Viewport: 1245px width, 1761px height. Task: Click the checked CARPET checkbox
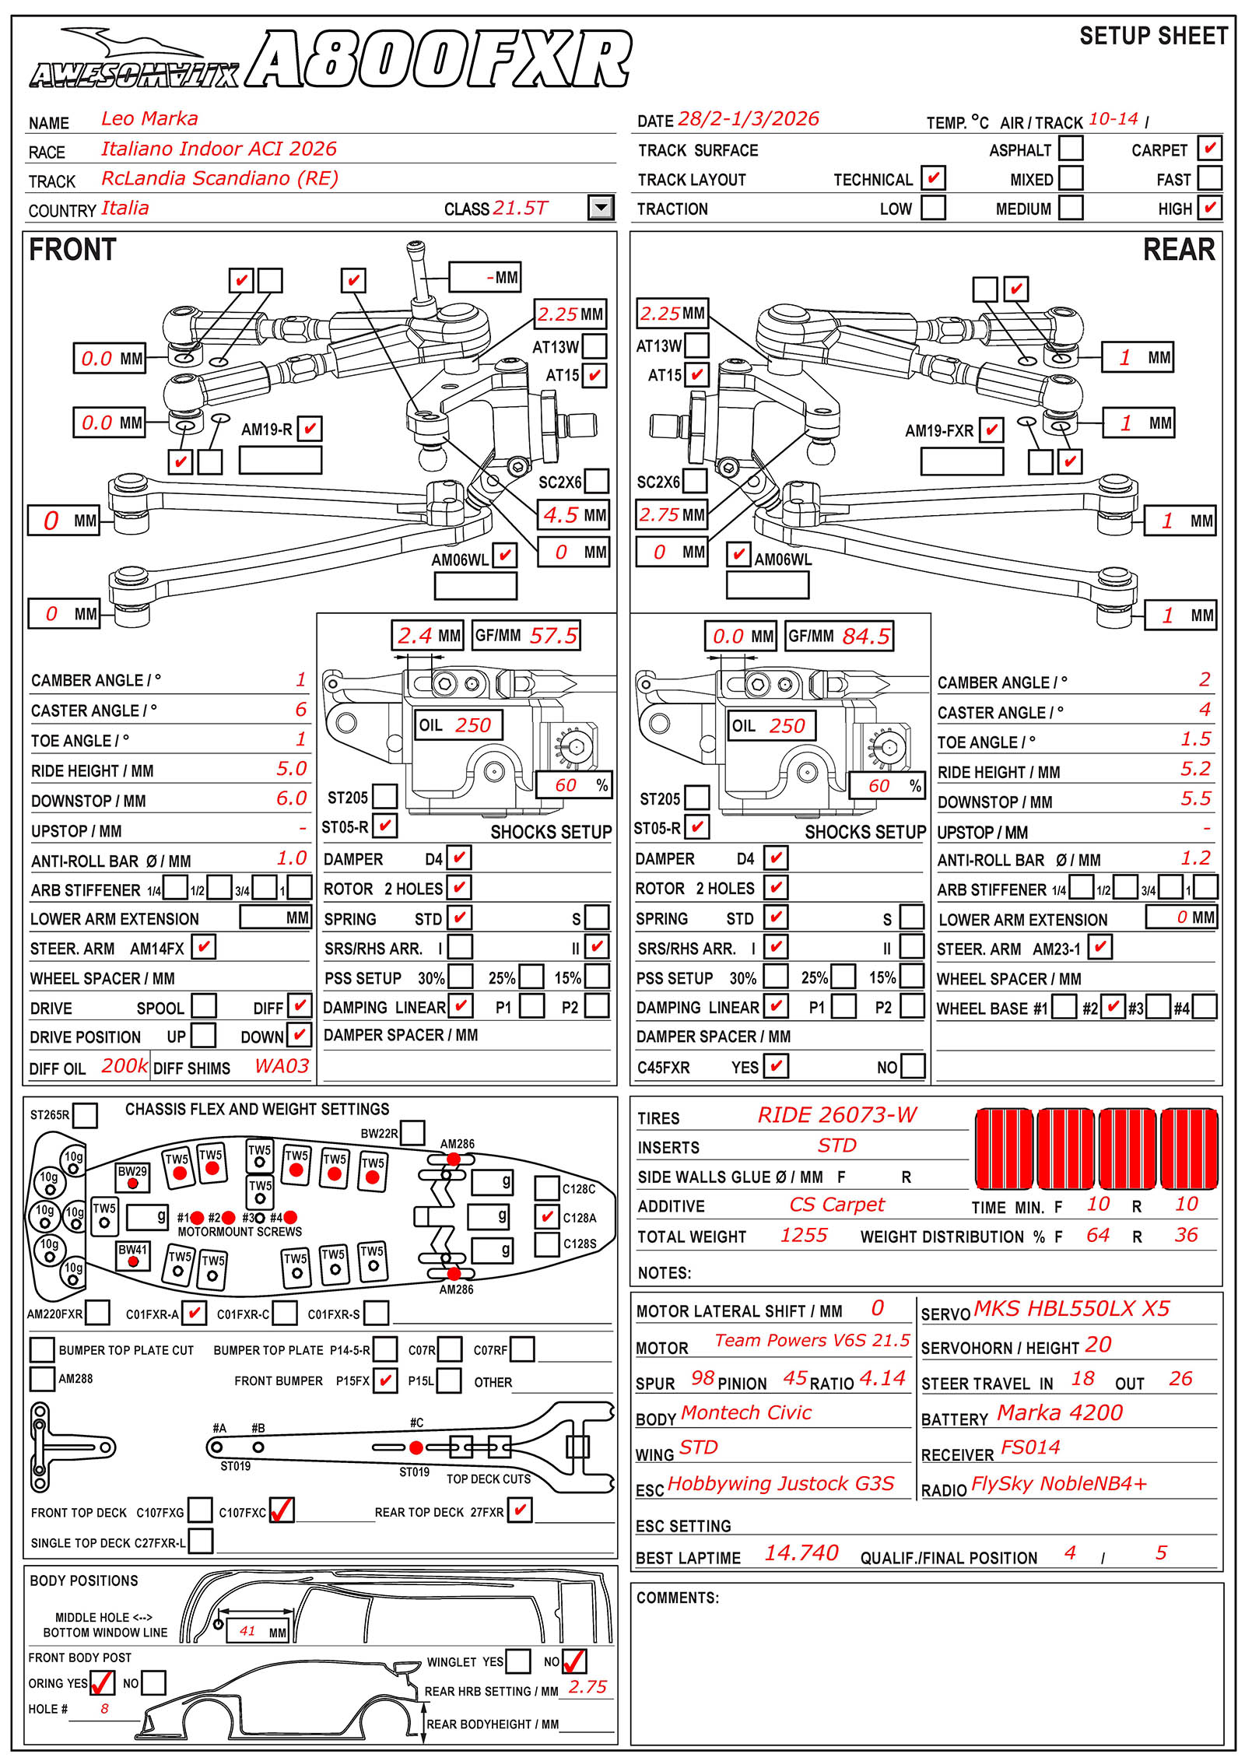1209,148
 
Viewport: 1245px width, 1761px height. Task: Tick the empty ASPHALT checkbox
1071,148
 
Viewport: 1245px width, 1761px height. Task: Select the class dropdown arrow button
601,208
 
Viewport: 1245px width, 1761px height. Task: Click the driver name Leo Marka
149,119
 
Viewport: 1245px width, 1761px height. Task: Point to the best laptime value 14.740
801,1553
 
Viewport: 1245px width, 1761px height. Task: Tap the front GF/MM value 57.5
553,636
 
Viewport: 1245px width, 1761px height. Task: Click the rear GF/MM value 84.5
865,636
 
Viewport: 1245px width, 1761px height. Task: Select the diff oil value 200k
124,1066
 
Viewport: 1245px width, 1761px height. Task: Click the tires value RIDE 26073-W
837,1115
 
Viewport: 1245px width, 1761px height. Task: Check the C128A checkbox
547,1216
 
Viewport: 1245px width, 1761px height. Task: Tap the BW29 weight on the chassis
132,1177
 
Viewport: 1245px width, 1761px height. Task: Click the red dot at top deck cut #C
416,1447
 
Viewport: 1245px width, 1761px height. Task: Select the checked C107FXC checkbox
281,1510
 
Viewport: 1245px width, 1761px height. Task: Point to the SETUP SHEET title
1153,37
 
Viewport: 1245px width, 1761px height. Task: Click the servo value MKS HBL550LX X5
1071,1308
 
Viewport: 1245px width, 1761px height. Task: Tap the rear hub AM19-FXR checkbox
991,430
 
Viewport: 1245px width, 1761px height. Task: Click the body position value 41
247,1631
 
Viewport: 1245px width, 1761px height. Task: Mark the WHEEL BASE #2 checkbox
1113,1007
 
